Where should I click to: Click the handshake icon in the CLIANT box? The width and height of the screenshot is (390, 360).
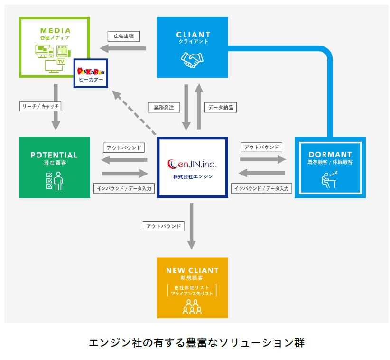click(192, 59)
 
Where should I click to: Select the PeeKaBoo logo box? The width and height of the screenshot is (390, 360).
click(91, 73)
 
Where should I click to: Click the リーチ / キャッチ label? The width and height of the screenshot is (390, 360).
click(41, 107)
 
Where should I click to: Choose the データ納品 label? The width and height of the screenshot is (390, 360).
click(221, 108)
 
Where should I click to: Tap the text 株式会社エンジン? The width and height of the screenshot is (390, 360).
click(192, 177)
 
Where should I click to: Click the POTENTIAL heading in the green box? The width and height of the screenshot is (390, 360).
click(54, 155)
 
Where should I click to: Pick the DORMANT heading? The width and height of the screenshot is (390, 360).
click(330, 155)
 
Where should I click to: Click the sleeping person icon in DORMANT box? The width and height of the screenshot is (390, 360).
click(330, 178)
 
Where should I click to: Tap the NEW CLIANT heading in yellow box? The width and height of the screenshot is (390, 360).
click(192, 271)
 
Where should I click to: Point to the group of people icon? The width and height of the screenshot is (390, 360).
click(192, 307)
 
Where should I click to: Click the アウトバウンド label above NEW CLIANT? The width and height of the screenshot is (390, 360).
click(163, 226)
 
